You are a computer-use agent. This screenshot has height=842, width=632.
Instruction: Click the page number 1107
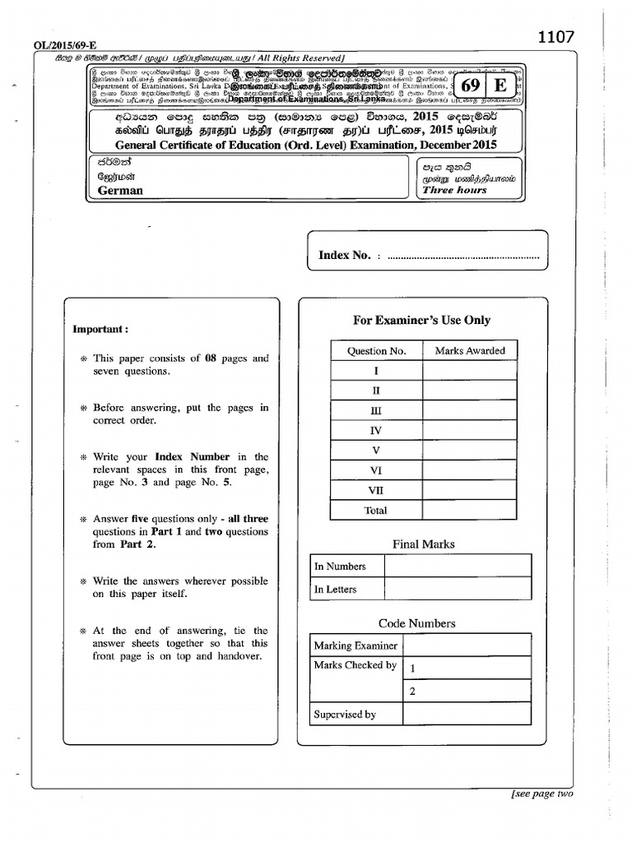[555, 38]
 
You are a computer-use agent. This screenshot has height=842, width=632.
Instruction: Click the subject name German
[119, 190]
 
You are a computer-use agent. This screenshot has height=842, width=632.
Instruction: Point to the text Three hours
[454, 190]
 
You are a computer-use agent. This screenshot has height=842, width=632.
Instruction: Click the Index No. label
[345, 256]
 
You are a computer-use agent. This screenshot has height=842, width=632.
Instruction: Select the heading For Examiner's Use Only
[421, 320]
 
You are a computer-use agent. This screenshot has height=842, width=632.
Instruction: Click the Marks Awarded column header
[470, 351]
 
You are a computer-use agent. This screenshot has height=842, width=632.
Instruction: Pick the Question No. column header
[376, 351]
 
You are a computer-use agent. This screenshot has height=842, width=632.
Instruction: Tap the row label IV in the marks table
[376, 431]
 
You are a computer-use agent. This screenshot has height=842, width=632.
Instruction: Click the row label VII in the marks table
[376, 491]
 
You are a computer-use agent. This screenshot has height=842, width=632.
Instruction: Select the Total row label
[376, 511]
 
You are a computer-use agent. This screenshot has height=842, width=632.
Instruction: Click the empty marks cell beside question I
[470, 371]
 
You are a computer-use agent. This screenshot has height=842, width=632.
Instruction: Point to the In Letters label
[336, 590]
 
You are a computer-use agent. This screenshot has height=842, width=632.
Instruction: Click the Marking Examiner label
[355, 645]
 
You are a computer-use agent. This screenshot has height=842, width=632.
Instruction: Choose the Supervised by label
[345, 715]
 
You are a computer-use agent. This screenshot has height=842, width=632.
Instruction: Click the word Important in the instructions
[100, 329]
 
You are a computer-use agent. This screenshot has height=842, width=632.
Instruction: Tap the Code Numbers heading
[416, 623]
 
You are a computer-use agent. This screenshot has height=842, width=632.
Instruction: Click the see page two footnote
[541, 793]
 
